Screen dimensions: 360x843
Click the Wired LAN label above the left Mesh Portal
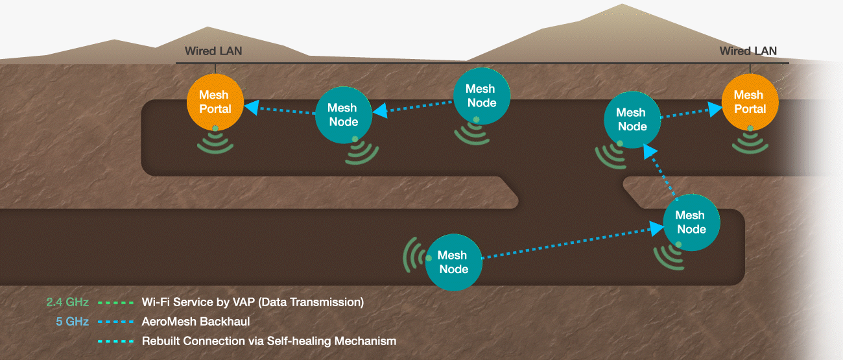click(x=213, y=51)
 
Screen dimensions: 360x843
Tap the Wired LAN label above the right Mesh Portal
click(x=748, y=51)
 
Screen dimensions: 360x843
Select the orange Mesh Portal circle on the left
click(x=215, y=102)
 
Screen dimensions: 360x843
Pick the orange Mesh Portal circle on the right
click(x=750, y=102)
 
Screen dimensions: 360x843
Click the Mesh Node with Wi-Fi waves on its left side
click(x=454, y=262)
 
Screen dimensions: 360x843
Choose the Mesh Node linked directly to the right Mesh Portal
click(x=632, y=119)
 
